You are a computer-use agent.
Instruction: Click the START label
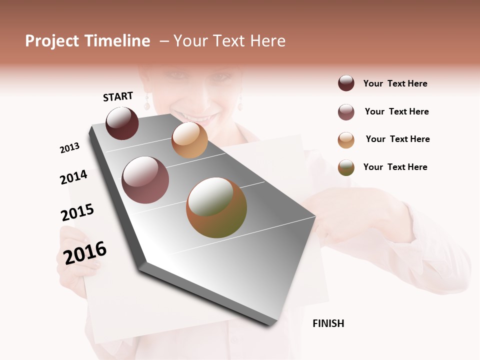pyautogui.click(x=118, y=96)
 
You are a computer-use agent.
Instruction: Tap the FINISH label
pyautogui.click(x=328, y=323)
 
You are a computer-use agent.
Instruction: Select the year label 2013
pyautogui.click(x=69, y=148)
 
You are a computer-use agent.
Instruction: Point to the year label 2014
pyautogui.click(x=73, y=177)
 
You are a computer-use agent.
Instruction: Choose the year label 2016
pyautogui.click(x=85, y=252)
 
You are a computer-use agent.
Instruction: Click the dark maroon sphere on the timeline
pyautogui.click(x=122, y=123)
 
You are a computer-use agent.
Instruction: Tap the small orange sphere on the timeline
pyautogui.click(x=189, y=140)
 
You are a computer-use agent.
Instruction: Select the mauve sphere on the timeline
pyautogui.click(x=145, y=180)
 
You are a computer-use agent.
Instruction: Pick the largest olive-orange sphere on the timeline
pyautogui.click(x=216, y=207)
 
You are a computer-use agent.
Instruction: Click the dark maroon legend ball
pyautogui.click(x=346, y=83)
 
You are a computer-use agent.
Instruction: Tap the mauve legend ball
pyautogui.click(x=346, y=112)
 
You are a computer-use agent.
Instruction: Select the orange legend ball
pyautogui.click(x=346, y=140)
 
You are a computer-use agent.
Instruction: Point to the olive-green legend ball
pyautogui.click(x=346, y=167)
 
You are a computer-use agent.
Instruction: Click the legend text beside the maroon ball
pyautogui.click(x=395, y=83)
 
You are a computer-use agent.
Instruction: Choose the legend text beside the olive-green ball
pyautogui.click(x=395, y=167)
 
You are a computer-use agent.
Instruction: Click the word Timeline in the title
pyautogui.click(x=117, y=41)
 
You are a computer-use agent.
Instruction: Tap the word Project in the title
pyautogui.click(x=51, y=41)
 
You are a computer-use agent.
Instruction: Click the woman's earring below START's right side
pyautogui.click(x=147, y=104)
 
